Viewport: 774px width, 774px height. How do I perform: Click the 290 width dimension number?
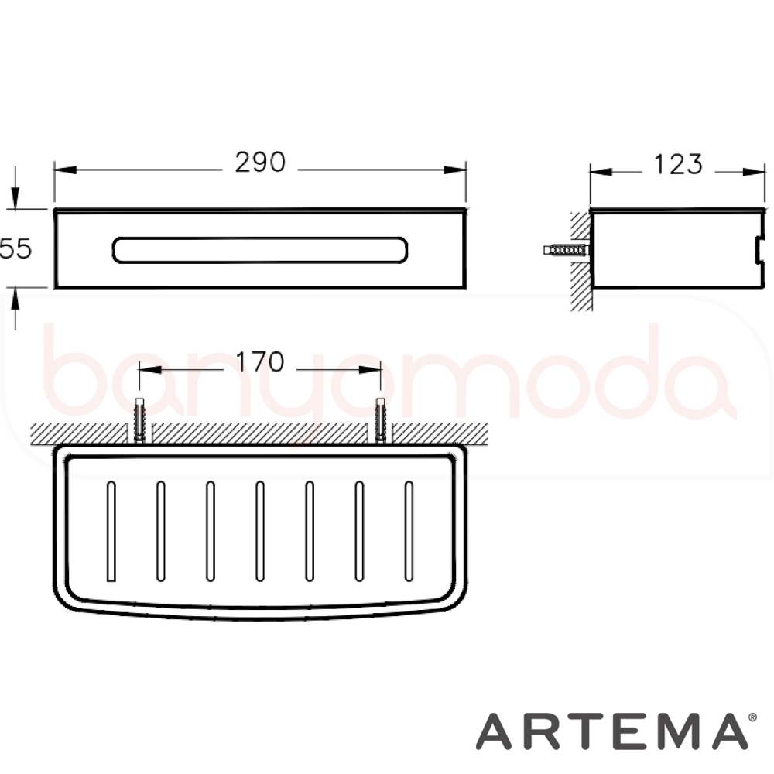(260, 162)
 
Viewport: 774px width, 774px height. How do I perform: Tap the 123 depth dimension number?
(678, 164)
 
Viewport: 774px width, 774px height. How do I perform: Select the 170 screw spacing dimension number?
(259, 361)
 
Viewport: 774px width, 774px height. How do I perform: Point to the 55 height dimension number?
(15, 248)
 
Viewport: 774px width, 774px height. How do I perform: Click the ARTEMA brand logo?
(612, 731)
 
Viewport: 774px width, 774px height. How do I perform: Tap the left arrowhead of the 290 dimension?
(65, 170)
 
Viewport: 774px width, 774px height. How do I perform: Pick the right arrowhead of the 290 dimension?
(454, 170)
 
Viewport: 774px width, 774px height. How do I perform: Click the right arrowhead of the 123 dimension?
(754, 173)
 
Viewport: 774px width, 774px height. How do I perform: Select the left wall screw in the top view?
(139, 420)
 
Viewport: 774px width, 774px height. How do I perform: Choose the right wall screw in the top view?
(380, 420)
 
